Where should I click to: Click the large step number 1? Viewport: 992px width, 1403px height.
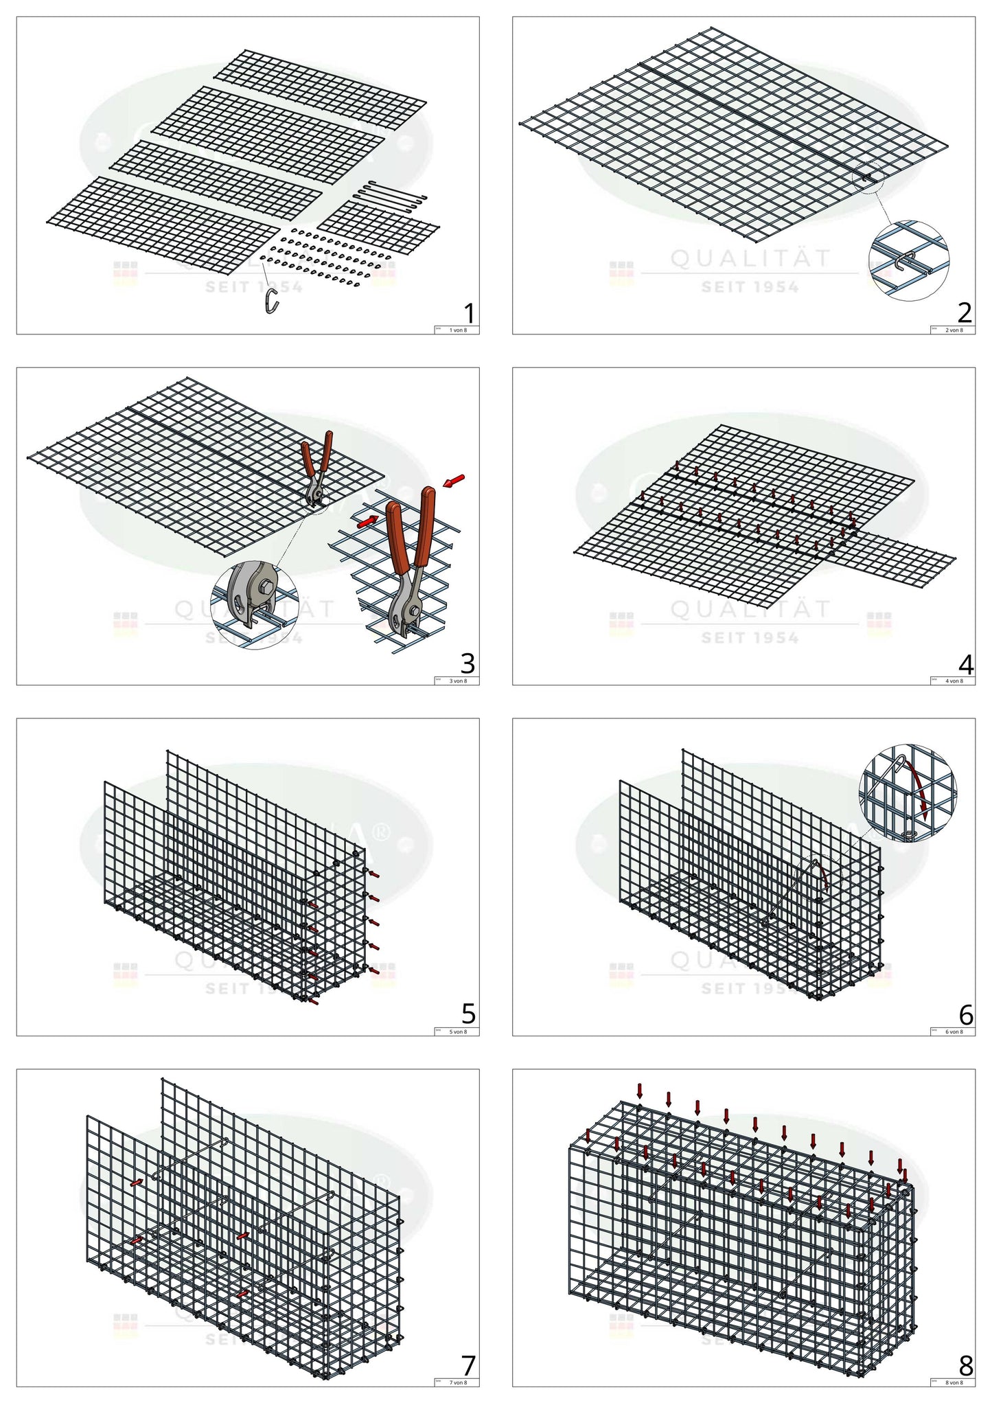pyautogui.click(x=469, y=314)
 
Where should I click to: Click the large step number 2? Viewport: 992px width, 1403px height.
pyautogui.click(x=965, y=313)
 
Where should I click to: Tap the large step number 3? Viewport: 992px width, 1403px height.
pyautogui.click(x=468, y=663)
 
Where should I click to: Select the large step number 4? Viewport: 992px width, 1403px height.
pyautogui.click(x=965, y=665)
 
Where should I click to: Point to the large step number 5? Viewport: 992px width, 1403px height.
pyautogui.click(x=468, y=1014)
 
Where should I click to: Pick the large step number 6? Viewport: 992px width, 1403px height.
pyautogui.click(x=965, y=1014)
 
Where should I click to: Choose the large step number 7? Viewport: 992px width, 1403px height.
pyautogui.click(x=468, y=1365)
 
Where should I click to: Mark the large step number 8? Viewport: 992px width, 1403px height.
pyautogui.click(x=965, y=1365)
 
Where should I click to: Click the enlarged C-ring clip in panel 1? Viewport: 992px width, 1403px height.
pyautogui.click(x=272, y=301)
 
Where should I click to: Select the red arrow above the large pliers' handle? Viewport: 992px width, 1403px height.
pyautogui.click(x=454, y=481)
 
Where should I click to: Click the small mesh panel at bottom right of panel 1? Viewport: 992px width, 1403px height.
pyautogui.click(x=378, y=226)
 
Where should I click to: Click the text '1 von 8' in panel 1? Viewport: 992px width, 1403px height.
pyautogui.click(x=457, y=330)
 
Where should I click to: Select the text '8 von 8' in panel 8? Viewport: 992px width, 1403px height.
pyautogui.click(x=954, y=1382)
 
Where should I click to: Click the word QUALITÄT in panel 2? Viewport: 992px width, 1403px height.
pyautogui.click(x=750, y=259)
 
